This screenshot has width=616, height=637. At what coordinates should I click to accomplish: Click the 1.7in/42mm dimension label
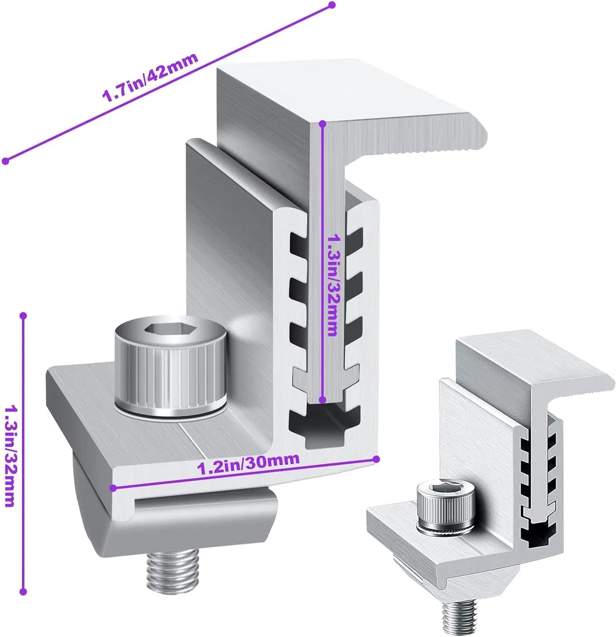151,78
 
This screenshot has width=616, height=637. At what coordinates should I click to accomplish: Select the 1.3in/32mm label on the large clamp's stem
332,285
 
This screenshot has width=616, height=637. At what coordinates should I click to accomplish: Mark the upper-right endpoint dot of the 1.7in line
332,5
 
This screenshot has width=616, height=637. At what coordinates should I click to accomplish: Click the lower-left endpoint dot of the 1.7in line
5,161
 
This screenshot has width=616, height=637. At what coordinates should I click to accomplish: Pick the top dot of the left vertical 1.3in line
23,316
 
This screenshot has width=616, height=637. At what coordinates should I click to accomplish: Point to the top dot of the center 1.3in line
324,123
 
